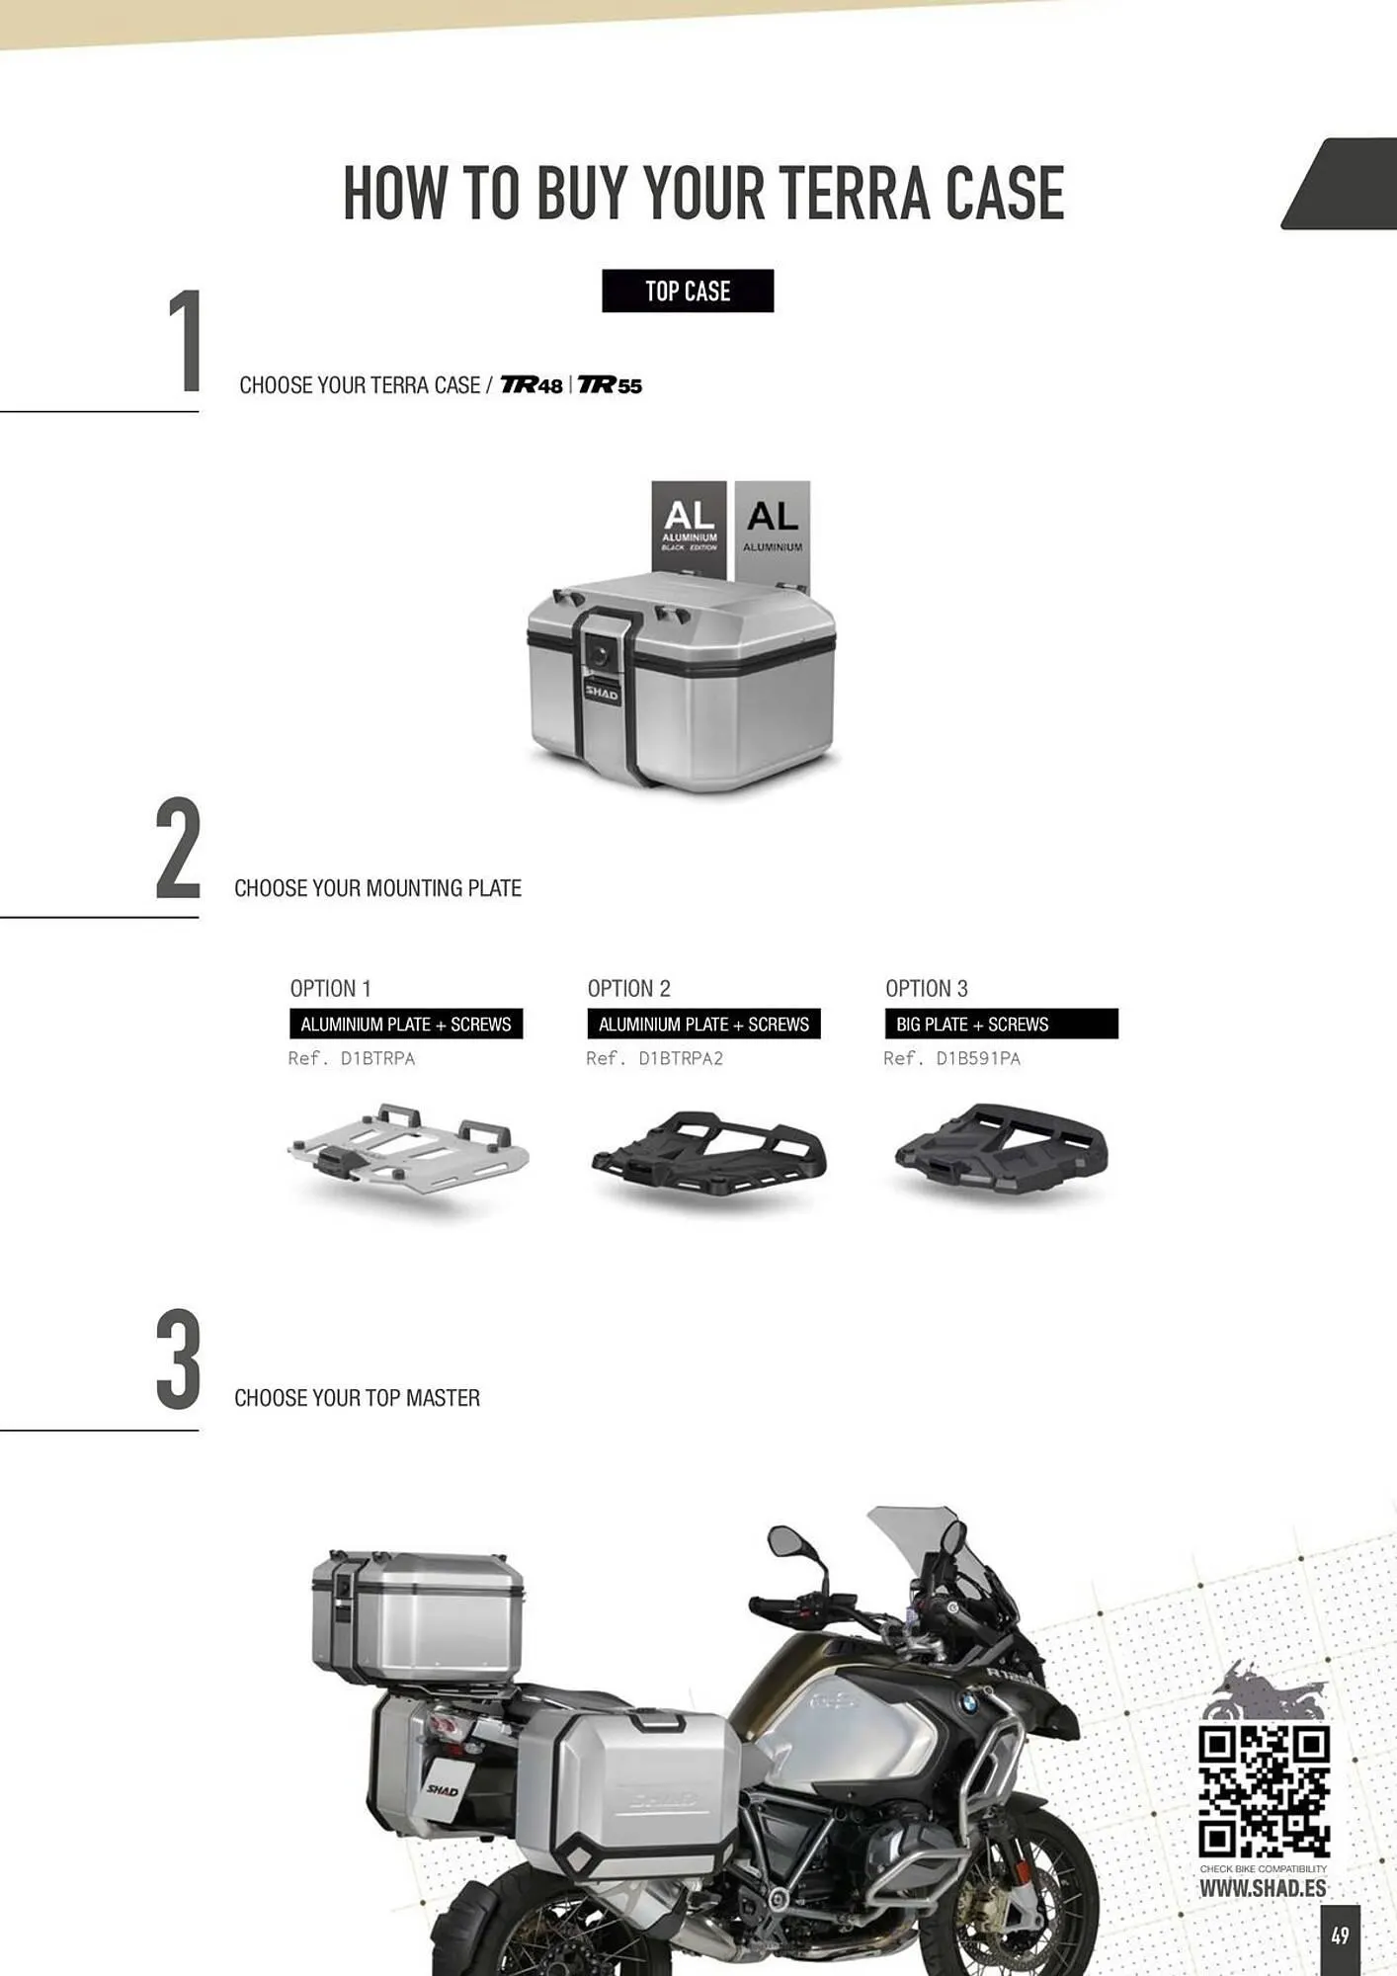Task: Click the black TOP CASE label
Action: [688, 290]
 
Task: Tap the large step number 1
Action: [186, 342]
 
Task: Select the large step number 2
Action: [178, 850]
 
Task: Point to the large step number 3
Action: [178, 1359]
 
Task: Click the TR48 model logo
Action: [532, 385]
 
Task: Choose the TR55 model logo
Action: [610, 385]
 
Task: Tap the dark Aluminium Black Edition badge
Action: [689, 529]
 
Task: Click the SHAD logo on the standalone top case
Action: [601, 694]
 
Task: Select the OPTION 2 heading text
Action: [629, 988]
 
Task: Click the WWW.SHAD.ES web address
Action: [1263, 1888]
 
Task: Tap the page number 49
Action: [1340, 1935]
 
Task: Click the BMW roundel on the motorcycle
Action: [968, 1701]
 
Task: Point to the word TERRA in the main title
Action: [853, 193]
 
